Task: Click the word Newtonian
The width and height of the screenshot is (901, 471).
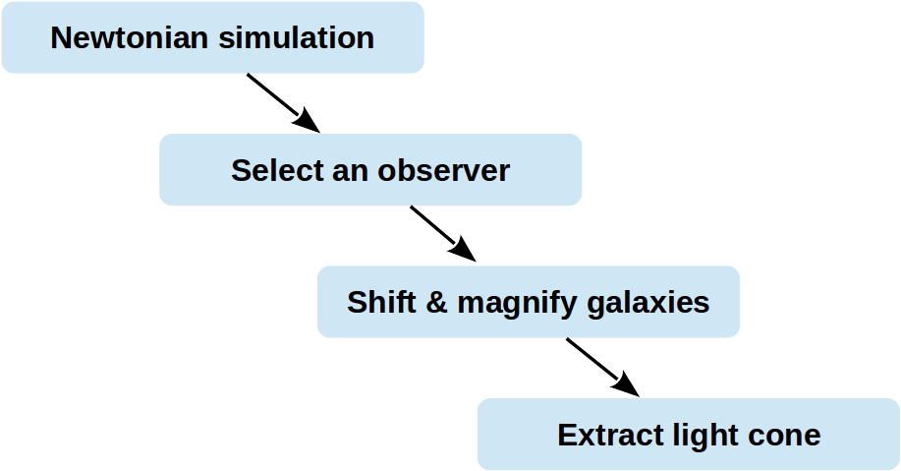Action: coord(130,38)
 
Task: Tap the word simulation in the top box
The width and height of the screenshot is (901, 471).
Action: coord(297,38)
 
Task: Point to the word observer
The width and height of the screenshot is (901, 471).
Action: coord(443,170)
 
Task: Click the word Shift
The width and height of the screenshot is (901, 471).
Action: coord(381,302)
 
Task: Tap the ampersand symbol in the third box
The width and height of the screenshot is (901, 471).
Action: coord(436,303)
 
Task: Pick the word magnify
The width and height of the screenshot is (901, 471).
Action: coord(517,304)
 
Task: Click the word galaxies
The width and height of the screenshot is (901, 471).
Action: coord(648,303)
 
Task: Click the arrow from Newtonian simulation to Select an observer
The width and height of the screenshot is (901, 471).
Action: coord(283,103)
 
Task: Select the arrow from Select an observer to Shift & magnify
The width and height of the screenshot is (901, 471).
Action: coord(443,234)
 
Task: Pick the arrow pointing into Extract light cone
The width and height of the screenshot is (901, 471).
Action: coord(602,368)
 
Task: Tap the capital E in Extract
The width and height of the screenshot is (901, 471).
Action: coord(567,435)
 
